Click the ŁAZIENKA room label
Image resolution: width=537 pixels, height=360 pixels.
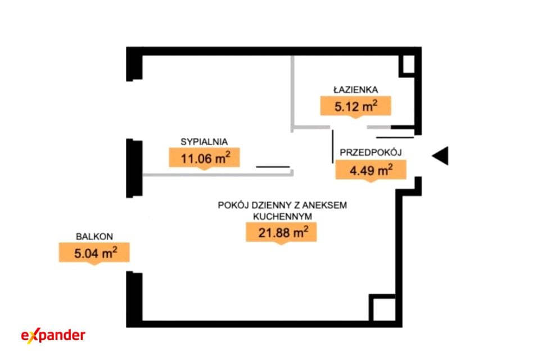(x=355, y=90)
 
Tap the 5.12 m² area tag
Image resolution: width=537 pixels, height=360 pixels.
(x=355, y=107)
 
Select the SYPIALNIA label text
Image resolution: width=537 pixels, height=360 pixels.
(x=204, y=142)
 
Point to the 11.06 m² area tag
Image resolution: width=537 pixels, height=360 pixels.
(x=205, y=159)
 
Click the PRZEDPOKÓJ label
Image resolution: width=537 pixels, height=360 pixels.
(x=371, y=153)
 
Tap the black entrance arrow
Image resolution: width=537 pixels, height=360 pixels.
(x=440, y=156)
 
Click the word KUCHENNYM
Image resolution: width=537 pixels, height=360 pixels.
(x=282, y=217)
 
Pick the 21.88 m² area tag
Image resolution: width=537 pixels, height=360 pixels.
(x=281, y=233)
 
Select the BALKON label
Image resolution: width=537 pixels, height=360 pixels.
(x=94, y=236)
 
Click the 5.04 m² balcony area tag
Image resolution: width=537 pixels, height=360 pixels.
(x=94, y=254)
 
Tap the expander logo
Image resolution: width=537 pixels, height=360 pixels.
(x=53, y=335)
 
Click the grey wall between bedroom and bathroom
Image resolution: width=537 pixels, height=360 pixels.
(x=292, y=94)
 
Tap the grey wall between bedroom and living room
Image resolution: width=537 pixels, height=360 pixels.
(x=218, y=175)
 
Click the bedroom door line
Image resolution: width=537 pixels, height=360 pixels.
(x=273, y=167)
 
